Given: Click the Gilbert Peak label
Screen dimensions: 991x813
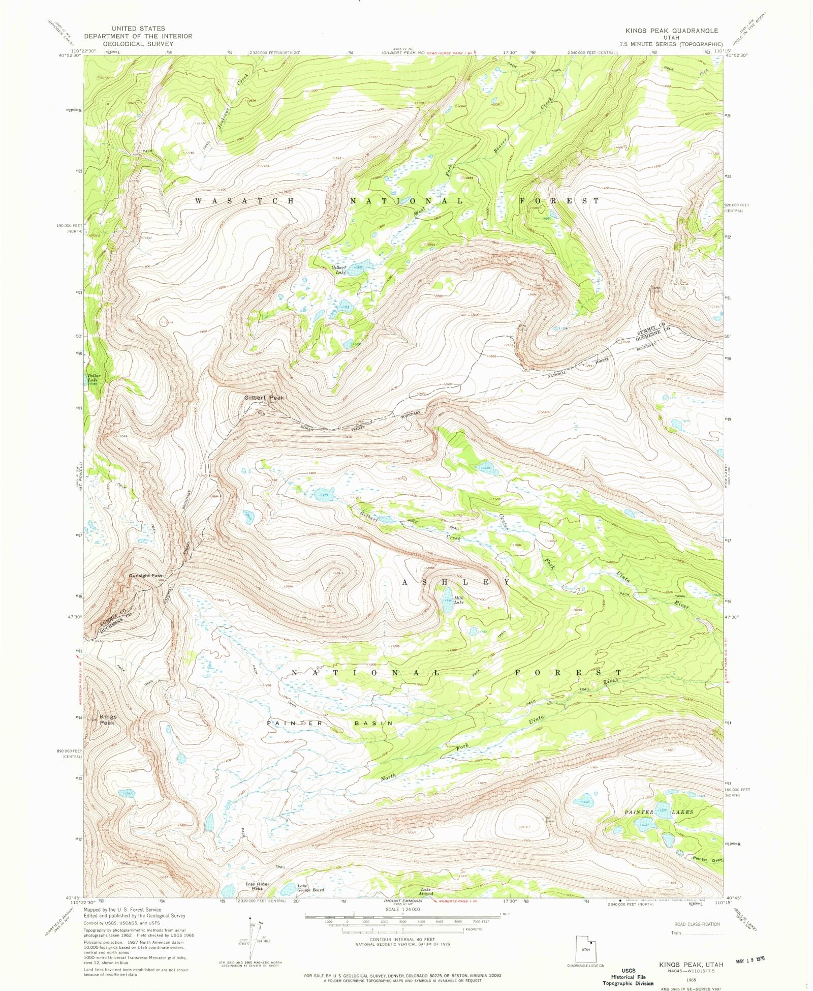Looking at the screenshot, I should pyautogui.click(x=264, y=398).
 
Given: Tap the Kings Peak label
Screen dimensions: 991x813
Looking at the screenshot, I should pyautogui.click(x=108, y=719).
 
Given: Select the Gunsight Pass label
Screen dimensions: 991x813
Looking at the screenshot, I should pyautogui.click(x=145, y=576).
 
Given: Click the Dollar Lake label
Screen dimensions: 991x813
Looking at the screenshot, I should pyautogui.click(x=94, y=378).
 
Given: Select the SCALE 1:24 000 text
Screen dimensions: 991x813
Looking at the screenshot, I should pyautogui.click(x=403, y=909).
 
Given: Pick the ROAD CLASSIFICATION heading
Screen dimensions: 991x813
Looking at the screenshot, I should pyautogui.click(x=697, y=924).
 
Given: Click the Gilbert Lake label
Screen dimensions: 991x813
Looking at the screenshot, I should pyautogui.click(x=339, y=269).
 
